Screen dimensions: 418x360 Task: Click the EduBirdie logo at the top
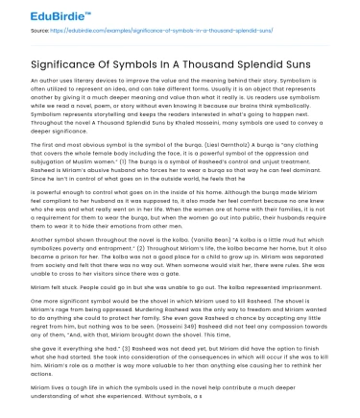pyautogui.click(x=47, y=13)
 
